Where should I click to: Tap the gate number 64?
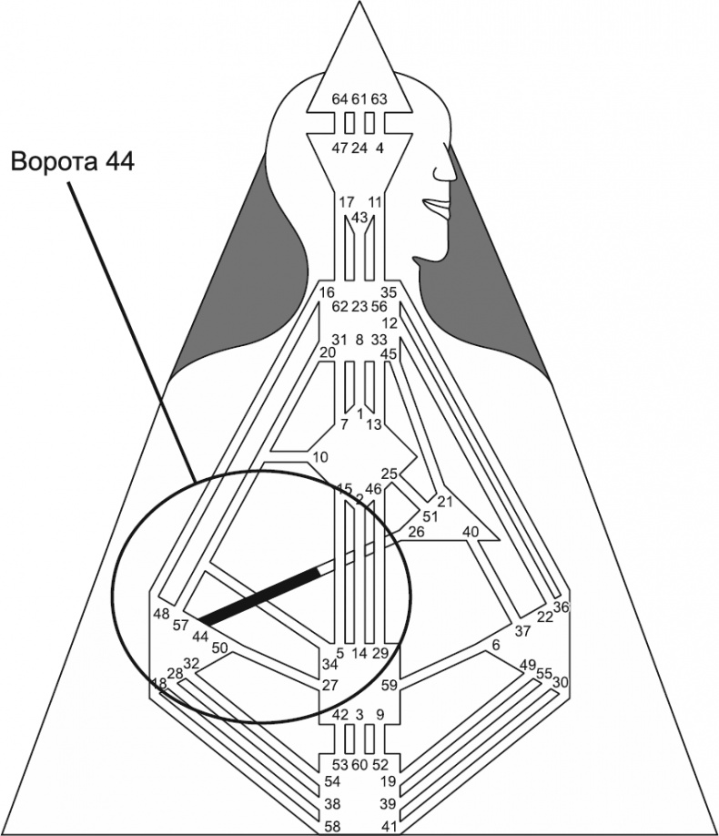339,98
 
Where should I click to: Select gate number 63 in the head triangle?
380,98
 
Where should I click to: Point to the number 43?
359,217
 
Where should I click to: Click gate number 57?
180,626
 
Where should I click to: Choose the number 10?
319,456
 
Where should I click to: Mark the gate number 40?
471,531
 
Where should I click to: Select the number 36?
561,607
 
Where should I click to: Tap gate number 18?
158,683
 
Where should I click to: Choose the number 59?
390,684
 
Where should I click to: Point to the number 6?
496,645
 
